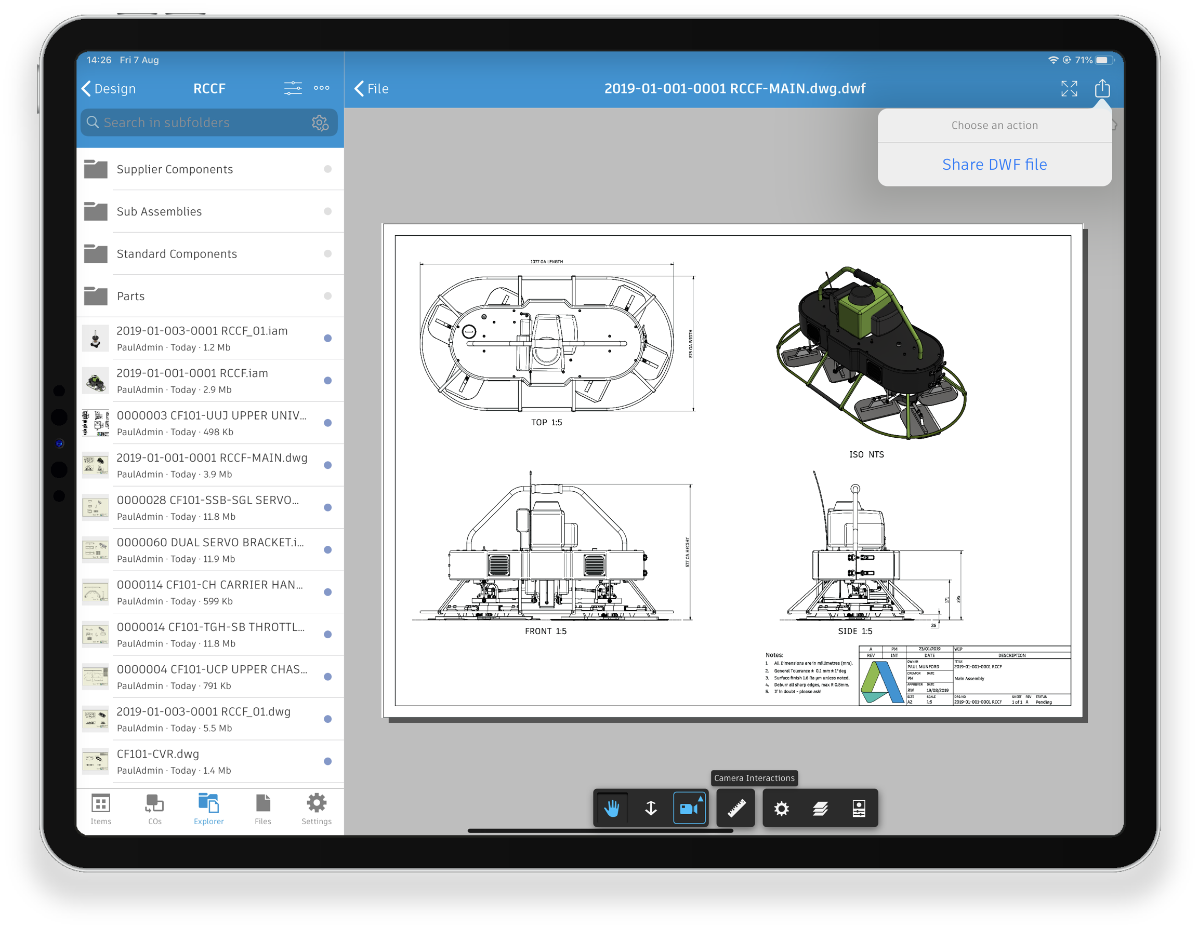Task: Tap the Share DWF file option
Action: pyautogui.click(x=994, y=165)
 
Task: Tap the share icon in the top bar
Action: pyautogui.click(x=1102, y=88)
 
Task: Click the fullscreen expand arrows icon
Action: pyautogui.click(x=1069, y=88)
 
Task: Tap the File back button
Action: pyautogui.click(x=372, y=89)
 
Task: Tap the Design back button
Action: pyautogui.click(x=109, y=89)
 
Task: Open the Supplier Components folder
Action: pyautogui.click(x=175, y=169)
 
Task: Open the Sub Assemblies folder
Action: pyautogui.click(x=159, y=211)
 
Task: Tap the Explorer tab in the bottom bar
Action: pyautogui.click(x=208, y=809)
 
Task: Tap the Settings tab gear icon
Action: pyautogui.click(x=317, y=803)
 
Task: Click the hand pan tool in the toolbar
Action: pyautogui.click(x=612, y=809)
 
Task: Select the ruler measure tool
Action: pyautogui.click(x=736, y=809)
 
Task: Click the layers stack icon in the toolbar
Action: pyautogui.click(x=820, y=809)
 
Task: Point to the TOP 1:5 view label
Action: pyautogui.click(x=546, y=423)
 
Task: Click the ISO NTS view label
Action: pyautogui.click(x=866, y=454)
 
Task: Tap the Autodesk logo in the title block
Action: pyautogui.click(x=881, y=682)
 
